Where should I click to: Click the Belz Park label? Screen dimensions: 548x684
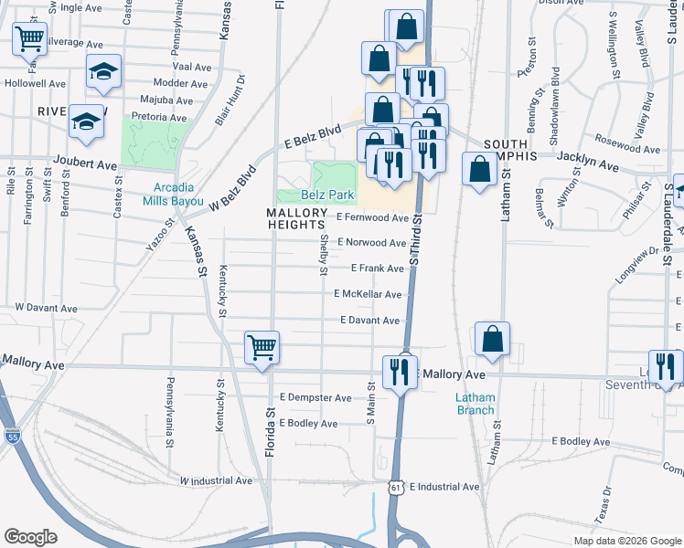(328, 195)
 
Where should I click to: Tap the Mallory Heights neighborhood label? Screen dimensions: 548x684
(295, 217)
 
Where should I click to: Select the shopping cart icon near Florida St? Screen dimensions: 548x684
(262, 348)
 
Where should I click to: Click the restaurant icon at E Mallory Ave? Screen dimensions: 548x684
(401, 371)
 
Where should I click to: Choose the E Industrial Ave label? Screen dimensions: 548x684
(444, 487)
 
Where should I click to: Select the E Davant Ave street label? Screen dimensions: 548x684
(370, 321)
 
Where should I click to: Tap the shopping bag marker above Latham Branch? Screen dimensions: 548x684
(492, 339)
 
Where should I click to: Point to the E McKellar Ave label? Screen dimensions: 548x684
(368, 294)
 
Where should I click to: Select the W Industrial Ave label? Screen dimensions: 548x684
(216, 479)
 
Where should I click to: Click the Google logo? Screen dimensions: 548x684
(31, 537)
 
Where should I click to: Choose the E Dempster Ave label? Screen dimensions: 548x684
(315, 398)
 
